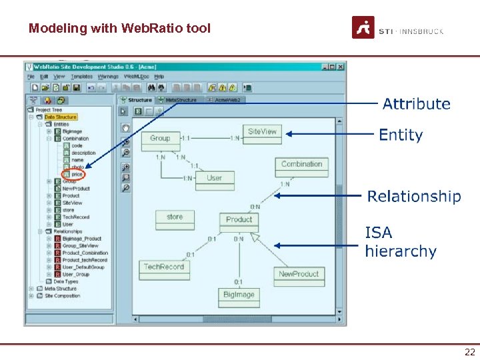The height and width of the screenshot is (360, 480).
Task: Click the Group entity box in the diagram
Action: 160,139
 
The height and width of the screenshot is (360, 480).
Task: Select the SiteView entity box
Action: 262,132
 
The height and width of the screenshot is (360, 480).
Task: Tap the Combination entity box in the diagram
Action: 301,165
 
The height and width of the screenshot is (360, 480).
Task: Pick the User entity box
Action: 214,179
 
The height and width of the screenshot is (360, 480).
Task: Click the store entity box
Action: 175,217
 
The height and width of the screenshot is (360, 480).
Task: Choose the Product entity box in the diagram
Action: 239,220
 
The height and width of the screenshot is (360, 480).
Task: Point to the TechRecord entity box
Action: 163,267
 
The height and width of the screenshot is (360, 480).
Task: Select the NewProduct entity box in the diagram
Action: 299,274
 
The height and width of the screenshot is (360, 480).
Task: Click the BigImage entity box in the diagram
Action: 239,295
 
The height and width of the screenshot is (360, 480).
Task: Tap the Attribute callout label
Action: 416,104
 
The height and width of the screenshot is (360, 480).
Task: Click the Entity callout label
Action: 401,135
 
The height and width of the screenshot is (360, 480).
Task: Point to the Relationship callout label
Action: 414,197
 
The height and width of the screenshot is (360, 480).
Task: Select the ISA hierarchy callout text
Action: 400,242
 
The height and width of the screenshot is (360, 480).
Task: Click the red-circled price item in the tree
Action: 77,175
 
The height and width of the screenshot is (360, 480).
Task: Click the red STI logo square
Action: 363,27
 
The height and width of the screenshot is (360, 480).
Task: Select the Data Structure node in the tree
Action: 65,117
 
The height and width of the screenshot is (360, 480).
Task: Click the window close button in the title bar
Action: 341,67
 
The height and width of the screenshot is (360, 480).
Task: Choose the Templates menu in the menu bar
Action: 82,77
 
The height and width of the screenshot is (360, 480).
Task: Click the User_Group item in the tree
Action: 75,274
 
